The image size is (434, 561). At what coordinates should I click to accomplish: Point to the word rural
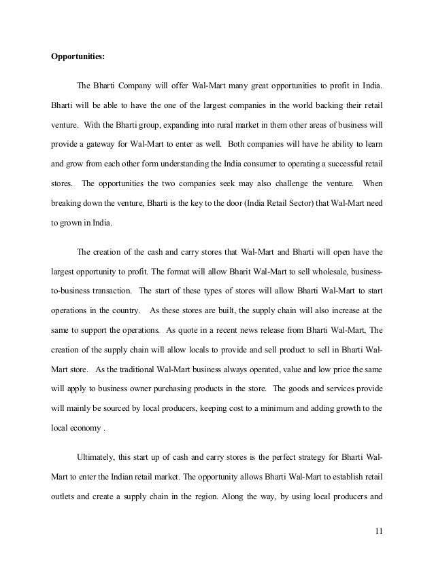coord(207,125)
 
